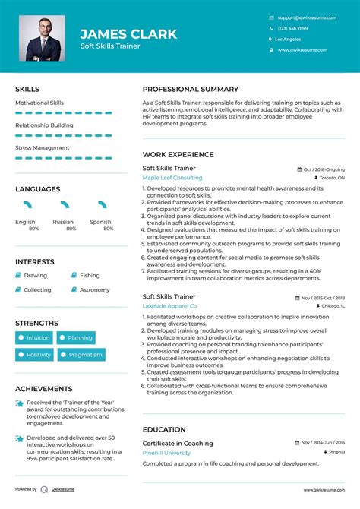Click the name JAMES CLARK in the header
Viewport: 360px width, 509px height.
128,33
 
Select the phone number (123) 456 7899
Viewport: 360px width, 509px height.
294,28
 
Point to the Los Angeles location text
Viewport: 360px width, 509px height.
288,39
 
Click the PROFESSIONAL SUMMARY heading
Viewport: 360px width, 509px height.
191,89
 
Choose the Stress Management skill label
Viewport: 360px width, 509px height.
43,147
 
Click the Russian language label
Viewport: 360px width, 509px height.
63,222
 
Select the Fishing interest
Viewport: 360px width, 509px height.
90,276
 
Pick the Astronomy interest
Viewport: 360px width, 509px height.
95,289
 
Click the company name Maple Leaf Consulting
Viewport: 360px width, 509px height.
172,177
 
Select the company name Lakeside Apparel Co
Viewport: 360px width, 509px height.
169,305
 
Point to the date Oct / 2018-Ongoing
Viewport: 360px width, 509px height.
324,169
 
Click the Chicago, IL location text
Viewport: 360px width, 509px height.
333,305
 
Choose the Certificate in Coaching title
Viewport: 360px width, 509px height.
178,443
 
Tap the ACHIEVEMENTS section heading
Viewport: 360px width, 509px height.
44,388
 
